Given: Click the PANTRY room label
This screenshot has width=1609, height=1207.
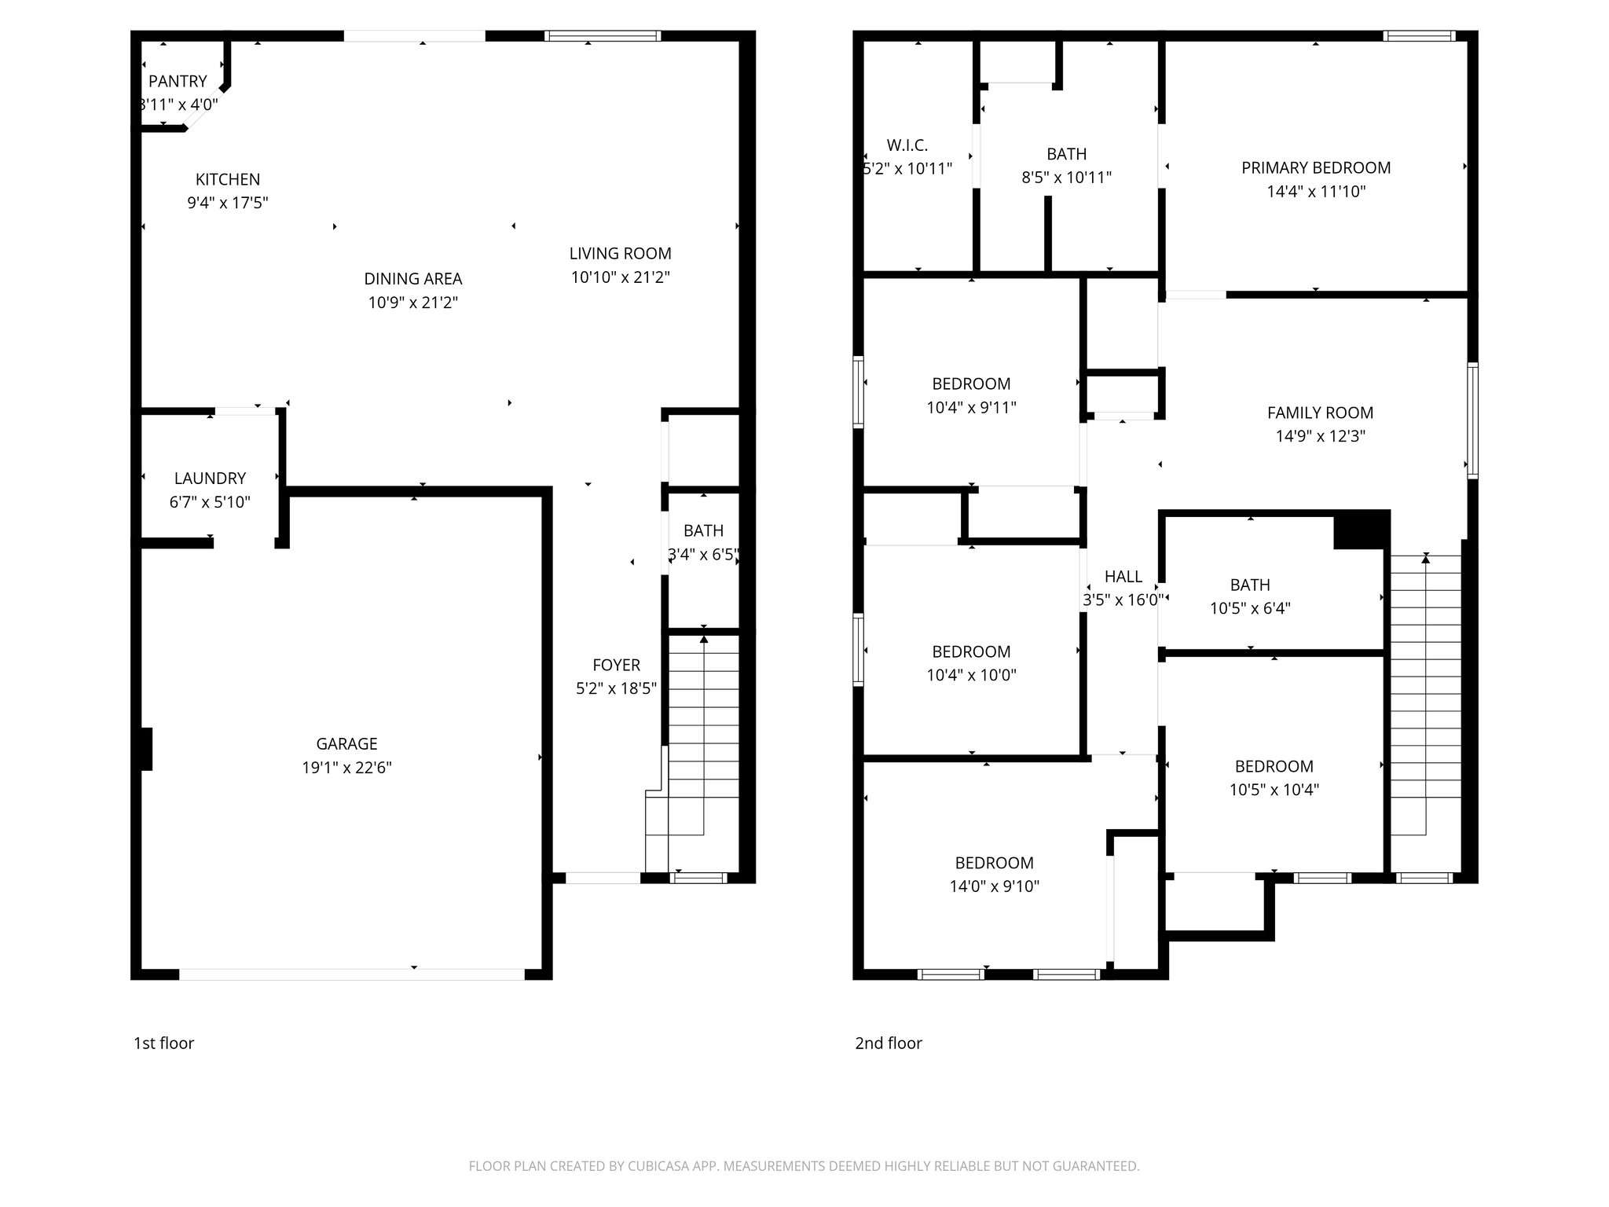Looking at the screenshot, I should tap(178, 81).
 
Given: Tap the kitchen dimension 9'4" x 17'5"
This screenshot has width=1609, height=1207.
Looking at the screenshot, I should tap(228, 203).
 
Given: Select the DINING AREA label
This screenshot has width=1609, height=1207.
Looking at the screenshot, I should tap(413, 278).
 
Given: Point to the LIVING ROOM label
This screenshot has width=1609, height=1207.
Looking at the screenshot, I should tap(620, 253).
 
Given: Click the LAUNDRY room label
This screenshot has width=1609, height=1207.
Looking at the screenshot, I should tap(210, 478).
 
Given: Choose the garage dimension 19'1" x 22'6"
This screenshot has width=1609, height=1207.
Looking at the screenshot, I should tap(346, 767).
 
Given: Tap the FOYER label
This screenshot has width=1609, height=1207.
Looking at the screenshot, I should tap(616, 665).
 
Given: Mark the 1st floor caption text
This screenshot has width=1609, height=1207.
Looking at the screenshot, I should tap(163, 1043).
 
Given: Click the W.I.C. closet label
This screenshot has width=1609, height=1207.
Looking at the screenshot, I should tap(907, 145).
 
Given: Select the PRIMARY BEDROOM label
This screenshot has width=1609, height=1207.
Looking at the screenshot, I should tap(1316, 167).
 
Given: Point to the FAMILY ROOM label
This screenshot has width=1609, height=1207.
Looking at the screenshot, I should tap(1320, 413).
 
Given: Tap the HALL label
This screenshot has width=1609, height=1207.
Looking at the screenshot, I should tap(1123, 576).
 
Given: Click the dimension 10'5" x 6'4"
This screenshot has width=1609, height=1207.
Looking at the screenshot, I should tap(1250, 607).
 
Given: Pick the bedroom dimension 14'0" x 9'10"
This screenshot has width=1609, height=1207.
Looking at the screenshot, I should tap(994, 886).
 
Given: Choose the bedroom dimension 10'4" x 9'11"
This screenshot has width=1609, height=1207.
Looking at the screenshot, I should tap(971, 407).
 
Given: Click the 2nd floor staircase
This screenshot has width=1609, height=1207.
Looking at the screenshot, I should tap(1425, 707).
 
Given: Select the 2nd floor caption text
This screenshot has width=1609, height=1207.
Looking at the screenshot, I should tap(889, 1043).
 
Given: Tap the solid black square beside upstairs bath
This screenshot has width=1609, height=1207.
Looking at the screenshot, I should tap(1362, 529).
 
